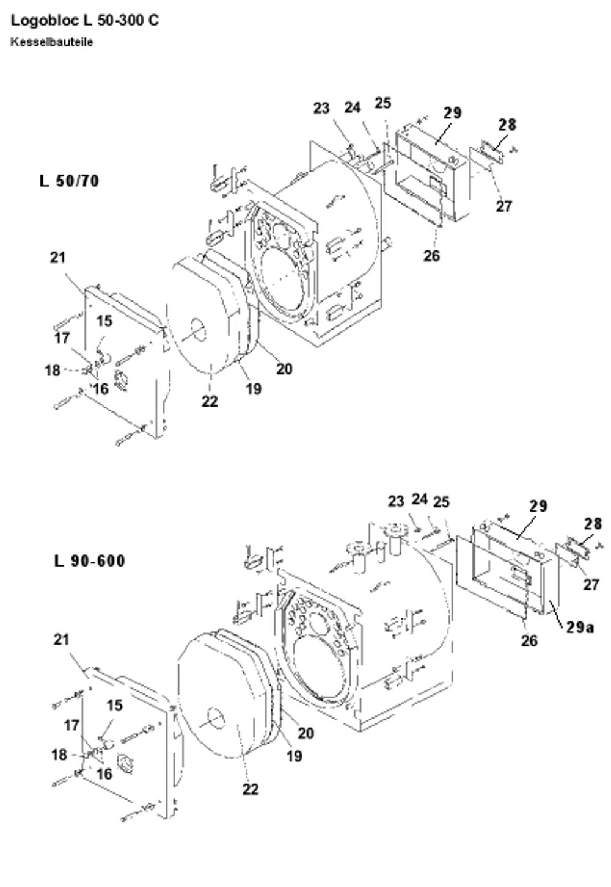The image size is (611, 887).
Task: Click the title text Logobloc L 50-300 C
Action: point(85,20)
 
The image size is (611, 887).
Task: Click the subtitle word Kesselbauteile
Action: point(52,42)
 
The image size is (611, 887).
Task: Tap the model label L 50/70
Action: point(69,181)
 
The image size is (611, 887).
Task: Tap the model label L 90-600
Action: point(90,561)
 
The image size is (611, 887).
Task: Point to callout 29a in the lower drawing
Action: point(580,627)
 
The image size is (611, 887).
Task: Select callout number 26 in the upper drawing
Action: point(431,256)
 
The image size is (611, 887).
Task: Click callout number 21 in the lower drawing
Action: point(62,640)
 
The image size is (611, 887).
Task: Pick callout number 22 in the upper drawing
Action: point(210,401)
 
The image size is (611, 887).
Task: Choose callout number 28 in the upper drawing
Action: point(507,125)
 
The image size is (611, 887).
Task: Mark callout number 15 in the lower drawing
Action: point(114,705)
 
